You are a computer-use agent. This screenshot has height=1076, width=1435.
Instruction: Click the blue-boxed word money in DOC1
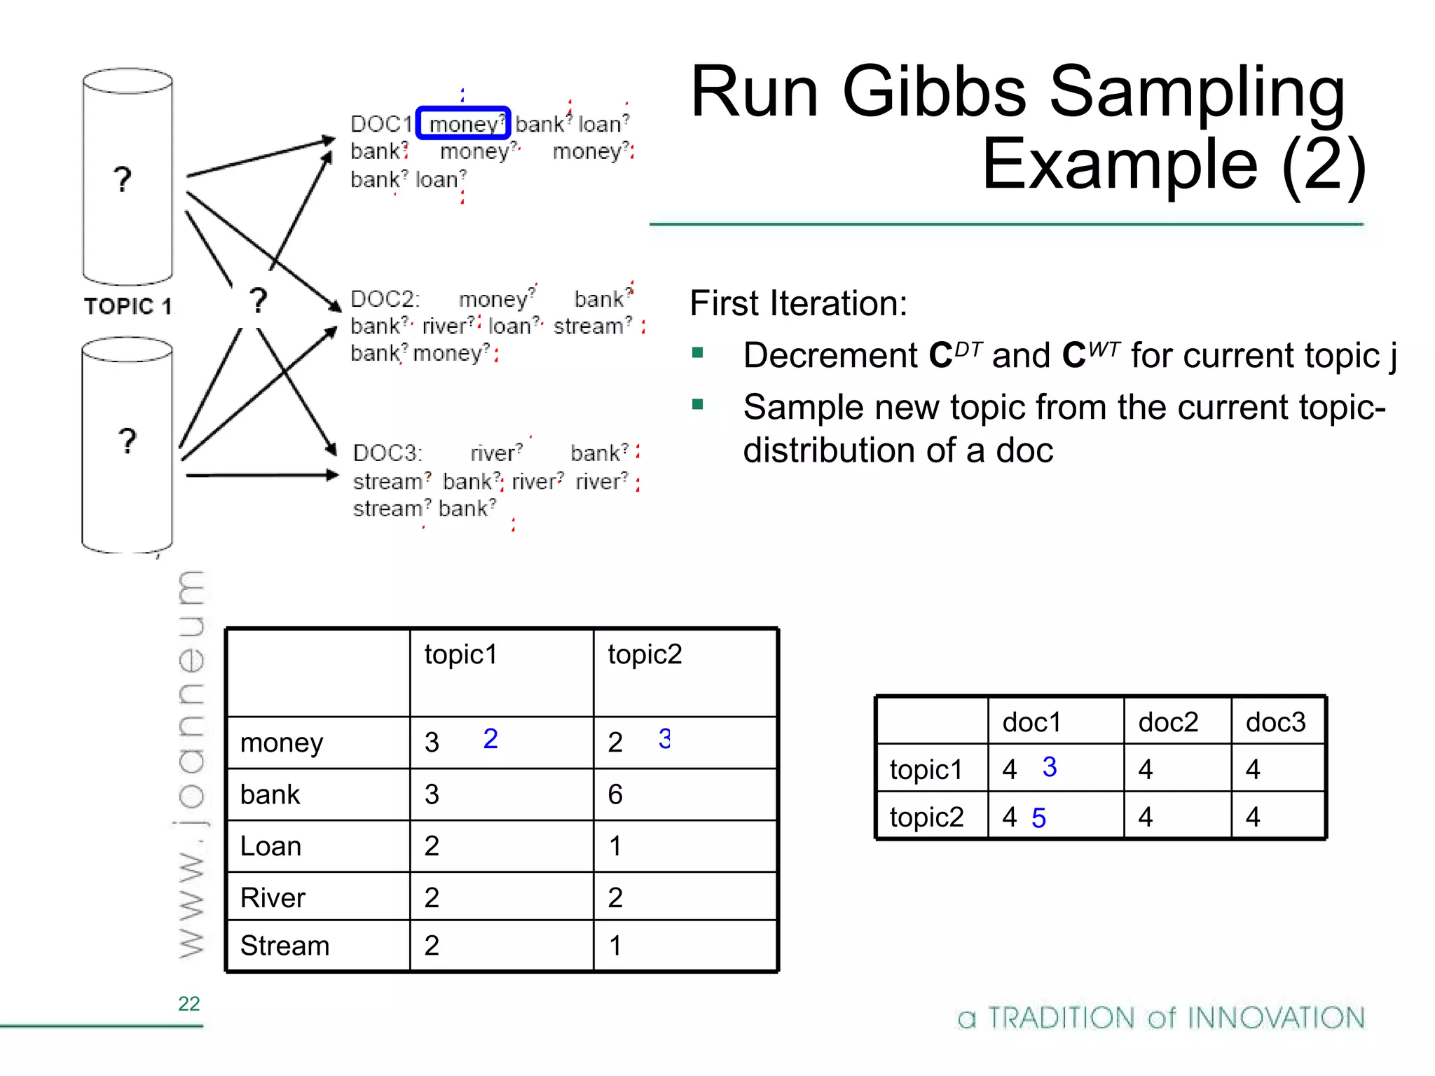(x=463, y=124)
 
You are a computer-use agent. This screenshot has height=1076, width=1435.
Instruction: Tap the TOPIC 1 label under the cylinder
(x=128, y=306)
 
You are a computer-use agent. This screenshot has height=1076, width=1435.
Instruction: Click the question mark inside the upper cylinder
(x=123, y=179)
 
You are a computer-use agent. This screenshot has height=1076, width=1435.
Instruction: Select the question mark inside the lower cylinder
(x=127, y=441)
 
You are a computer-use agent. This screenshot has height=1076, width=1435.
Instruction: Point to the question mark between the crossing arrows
(x=259, y=301)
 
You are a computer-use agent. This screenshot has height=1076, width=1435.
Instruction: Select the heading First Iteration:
(x=798, y=303)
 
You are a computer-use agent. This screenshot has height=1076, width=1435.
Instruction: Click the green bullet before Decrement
(x=697, y=352)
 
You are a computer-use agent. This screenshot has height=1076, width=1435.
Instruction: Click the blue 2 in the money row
(x=490, y=739)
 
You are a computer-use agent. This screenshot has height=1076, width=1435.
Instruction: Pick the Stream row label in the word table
(x=284, y=946)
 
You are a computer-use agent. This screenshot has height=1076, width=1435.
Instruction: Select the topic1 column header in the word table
(x=460, y=654)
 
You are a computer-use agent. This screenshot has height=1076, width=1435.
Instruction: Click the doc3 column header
(x=1275, y=722)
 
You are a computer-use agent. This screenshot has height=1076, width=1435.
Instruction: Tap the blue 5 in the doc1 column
(x=1038, y=818)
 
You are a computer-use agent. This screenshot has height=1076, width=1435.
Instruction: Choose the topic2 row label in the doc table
(x=926, y=818)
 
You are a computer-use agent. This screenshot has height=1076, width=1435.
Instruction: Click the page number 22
(x=188, y=1004)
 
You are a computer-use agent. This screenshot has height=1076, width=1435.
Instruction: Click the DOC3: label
(x=387, y=453)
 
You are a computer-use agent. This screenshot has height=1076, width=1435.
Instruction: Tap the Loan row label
(x=270, y=846)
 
